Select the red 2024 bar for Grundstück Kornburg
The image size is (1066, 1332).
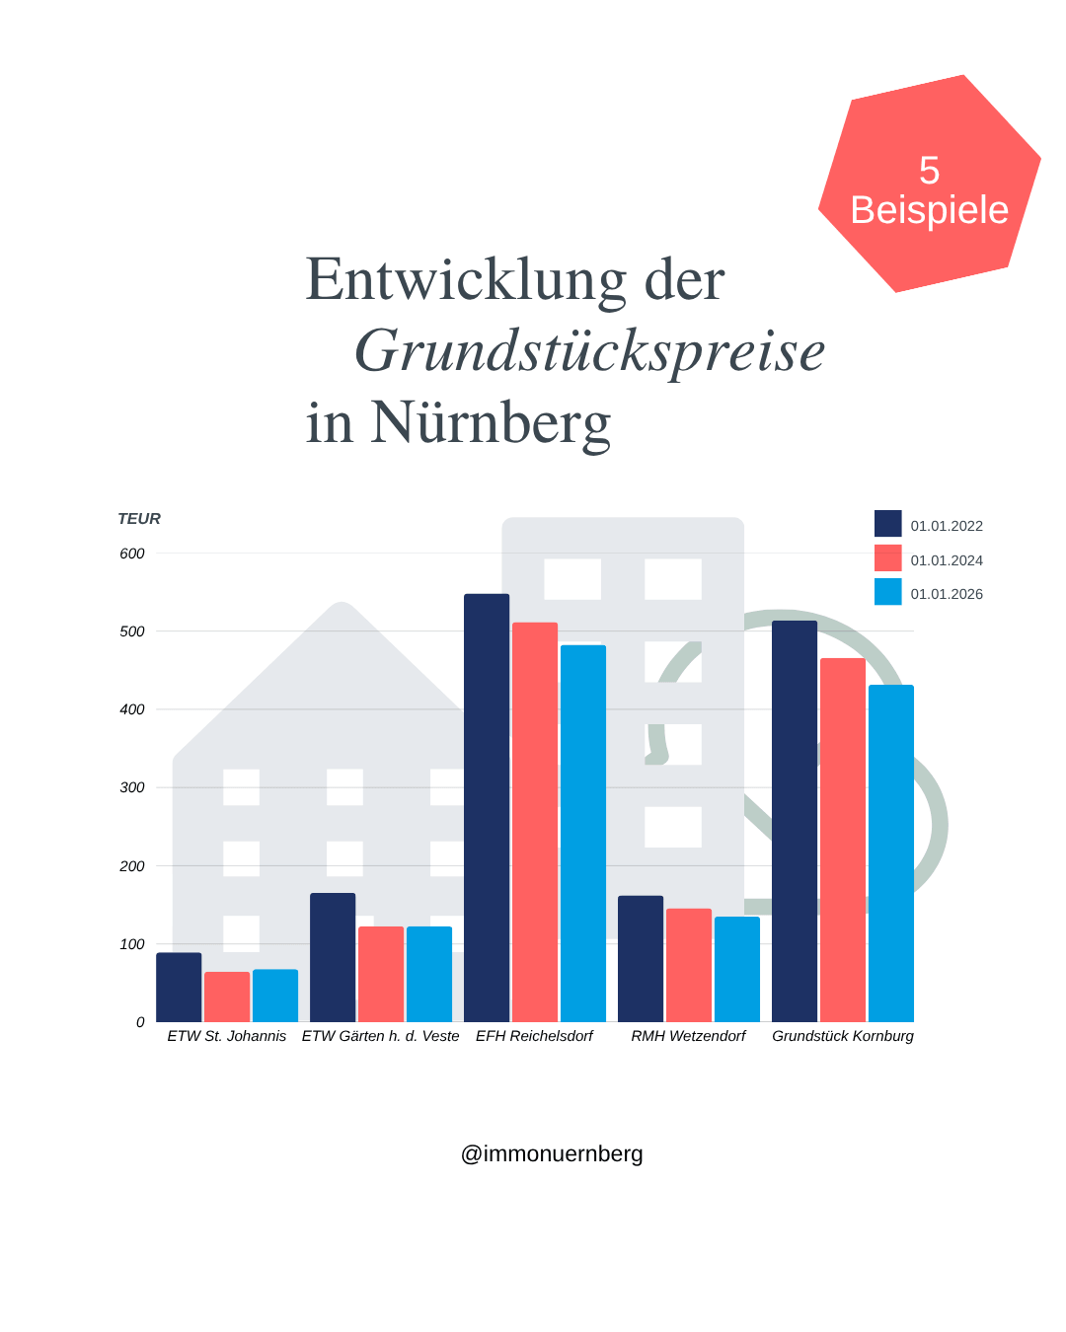click(843, 839)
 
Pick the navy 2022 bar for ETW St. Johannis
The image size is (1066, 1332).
click(179, 987)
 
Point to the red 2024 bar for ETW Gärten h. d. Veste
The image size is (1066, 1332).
click(381, 974)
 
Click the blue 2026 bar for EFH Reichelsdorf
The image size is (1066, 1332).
click(583, 833)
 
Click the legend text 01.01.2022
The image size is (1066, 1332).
click(947, 526)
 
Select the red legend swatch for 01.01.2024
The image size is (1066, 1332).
click(888, 558)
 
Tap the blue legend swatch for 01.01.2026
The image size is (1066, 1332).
click(888, 592)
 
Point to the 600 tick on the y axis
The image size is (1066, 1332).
click(132, 554)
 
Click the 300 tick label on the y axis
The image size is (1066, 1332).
click(132, 787)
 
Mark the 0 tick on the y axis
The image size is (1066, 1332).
click(140, 1022)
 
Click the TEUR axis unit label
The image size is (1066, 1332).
click(139, 519)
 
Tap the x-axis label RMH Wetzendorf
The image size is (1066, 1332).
click(688, 1036)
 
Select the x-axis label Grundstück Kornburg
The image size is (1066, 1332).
click(843, 1036)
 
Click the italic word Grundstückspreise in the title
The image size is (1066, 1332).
click(589, 351)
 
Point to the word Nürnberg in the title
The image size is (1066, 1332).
click(491, 422)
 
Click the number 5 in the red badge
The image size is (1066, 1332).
click(929, 171)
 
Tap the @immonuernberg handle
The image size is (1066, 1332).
click(552, 1153)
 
